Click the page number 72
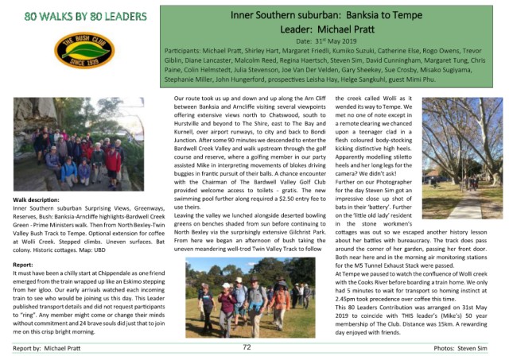pyautogui.click(x=247, y=347)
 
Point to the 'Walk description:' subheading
pyautogui.click(x=39, y=200)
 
